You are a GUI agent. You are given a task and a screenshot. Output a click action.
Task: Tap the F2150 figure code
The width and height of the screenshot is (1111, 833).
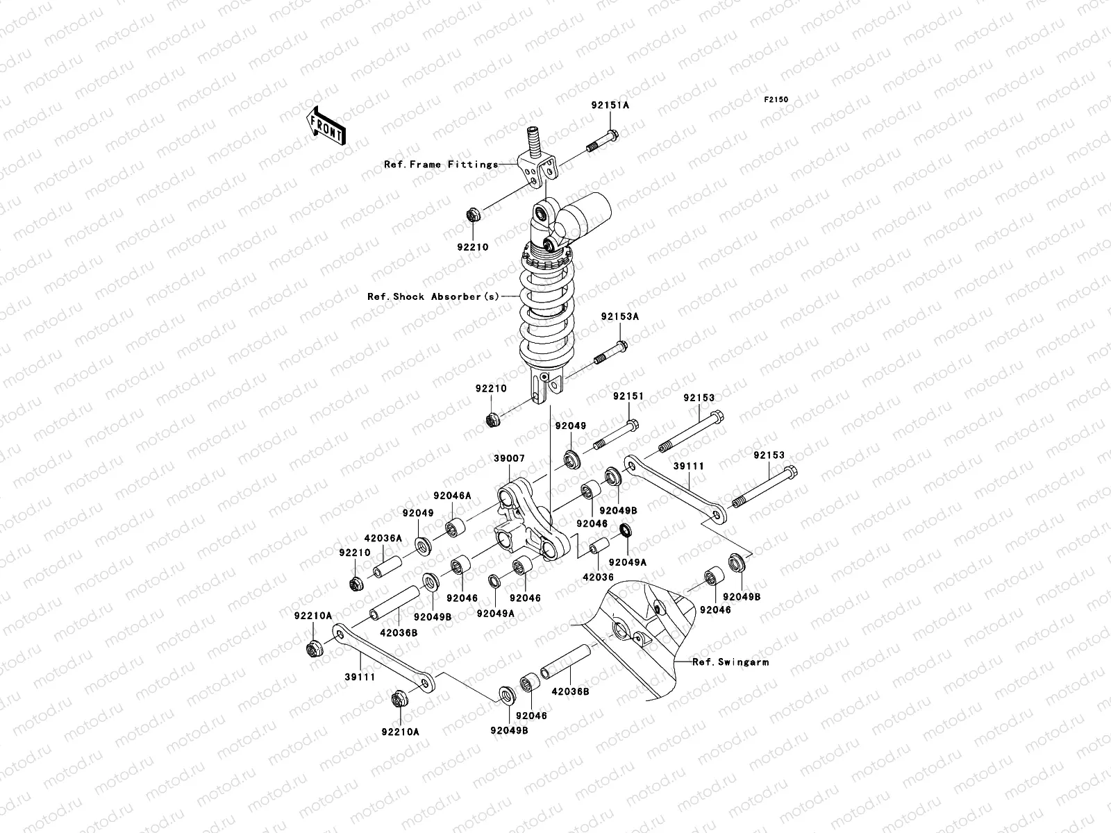776,100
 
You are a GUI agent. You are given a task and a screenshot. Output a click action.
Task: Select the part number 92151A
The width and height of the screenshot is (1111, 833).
610,106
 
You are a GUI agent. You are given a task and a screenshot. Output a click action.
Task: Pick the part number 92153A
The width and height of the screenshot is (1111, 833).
619,317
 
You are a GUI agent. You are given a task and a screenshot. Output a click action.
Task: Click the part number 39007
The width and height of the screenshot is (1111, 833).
510,460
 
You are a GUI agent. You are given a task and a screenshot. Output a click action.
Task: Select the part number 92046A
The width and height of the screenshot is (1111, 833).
452,496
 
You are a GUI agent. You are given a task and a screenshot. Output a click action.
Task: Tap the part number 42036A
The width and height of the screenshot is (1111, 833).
383,537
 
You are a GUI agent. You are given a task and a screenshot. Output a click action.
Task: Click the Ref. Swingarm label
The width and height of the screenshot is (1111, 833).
730,662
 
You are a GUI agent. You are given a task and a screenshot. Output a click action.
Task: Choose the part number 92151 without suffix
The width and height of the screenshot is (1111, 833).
628,396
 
